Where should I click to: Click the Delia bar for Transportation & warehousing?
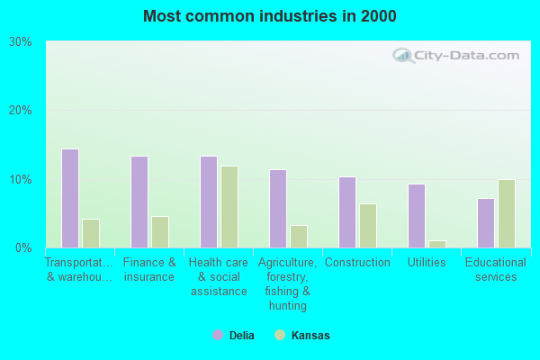(x=70, y=198)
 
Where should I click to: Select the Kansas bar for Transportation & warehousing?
(x=91, y=233)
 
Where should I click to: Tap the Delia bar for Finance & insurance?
(x=139, y=202)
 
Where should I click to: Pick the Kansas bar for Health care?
(x=229, y=207)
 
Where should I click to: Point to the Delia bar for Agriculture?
(x=278, y=209)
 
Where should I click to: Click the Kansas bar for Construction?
(x=368, y=226)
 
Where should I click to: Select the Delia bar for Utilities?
(x=417, y=216)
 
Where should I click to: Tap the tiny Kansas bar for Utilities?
(x=437, y=244)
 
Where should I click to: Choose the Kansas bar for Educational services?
(x=507, y=213)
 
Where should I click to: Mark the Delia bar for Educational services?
(x=486, y=223)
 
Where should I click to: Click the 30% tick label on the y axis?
(x=20, y=42)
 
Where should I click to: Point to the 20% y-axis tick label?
(x=20, y=111)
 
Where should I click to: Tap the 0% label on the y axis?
(x=23, y=247)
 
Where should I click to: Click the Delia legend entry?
(x=233, y=336)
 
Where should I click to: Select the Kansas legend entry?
(x=302, y=336)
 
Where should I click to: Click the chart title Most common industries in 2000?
(x=269, y=16)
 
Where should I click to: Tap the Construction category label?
(x=357, y=263)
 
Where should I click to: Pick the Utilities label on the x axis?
(x=427, y=263)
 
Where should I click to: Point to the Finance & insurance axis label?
(x=149, y=269)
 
